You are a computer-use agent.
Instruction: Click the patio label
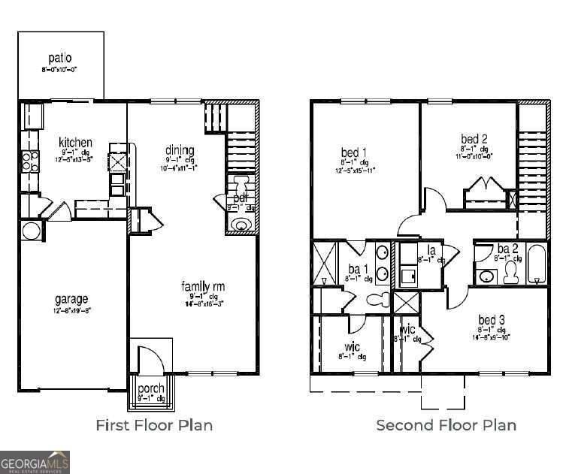60,58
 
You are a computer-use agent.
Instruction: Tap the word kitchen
76,142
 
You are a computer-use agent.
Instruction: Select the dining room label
180,150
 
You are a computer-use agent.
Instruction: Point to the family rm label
203,286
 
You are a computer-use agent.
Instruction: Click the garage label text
71,298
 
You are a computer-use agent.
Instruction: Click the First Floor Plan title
154,425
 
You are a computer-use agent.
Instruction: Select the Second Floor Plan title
446,425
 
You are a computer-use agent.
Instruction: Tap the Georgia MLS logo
35,461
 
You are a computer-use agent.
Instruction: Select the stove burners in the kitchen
29,162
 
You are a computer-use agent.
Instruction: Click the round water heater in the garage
31,231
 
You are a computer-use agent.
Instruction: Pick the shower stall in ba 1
325,264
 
